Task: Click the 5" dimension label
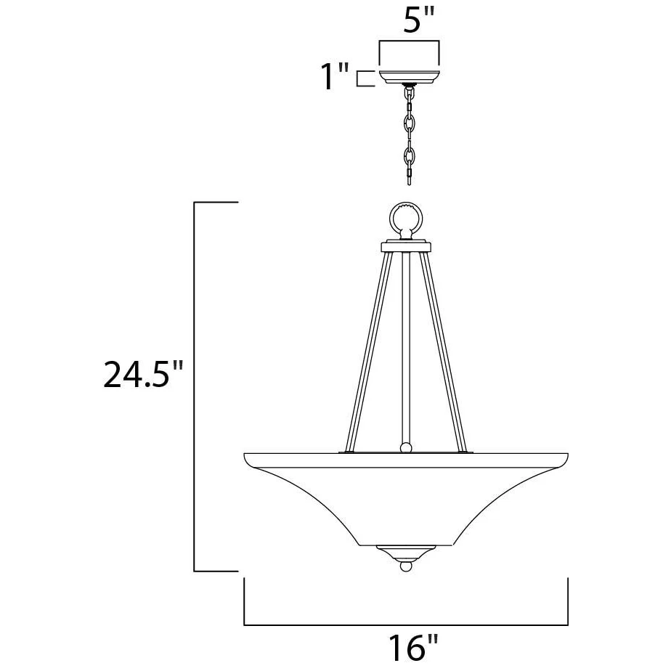[x=419, y=20]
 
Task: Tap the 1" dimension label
[x=335, y=76]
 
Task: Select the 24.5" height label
[x=143, y=375]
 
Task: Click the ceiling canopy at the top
[x=410, y=76]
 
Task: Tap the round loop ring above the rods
[x=406, y=218]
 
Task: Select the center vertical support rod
[x=406, y=349]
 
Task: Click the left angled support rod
[x=368, y=351]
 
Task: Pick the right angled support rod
[x=442, y=351]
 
